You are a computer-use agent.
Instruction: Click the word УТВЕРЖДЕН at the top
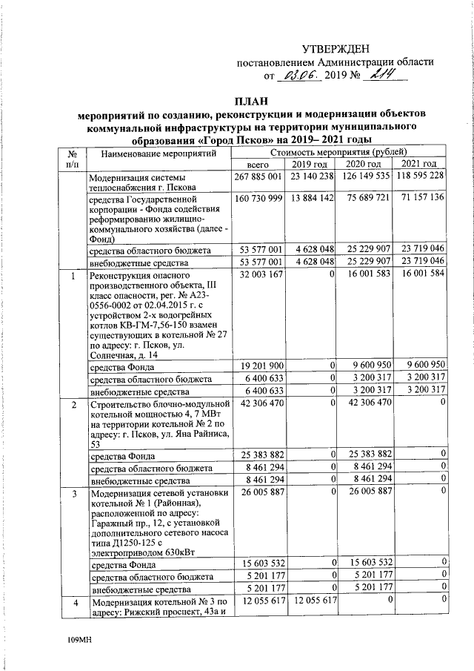pyautogui.click(x=340, y=47)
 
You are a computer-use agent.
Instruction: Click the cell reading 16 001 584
pyautogui.click(x=419, y=275)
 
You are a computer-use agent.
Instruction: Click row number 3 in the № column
pyautogui.click(x=73, y=492)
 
